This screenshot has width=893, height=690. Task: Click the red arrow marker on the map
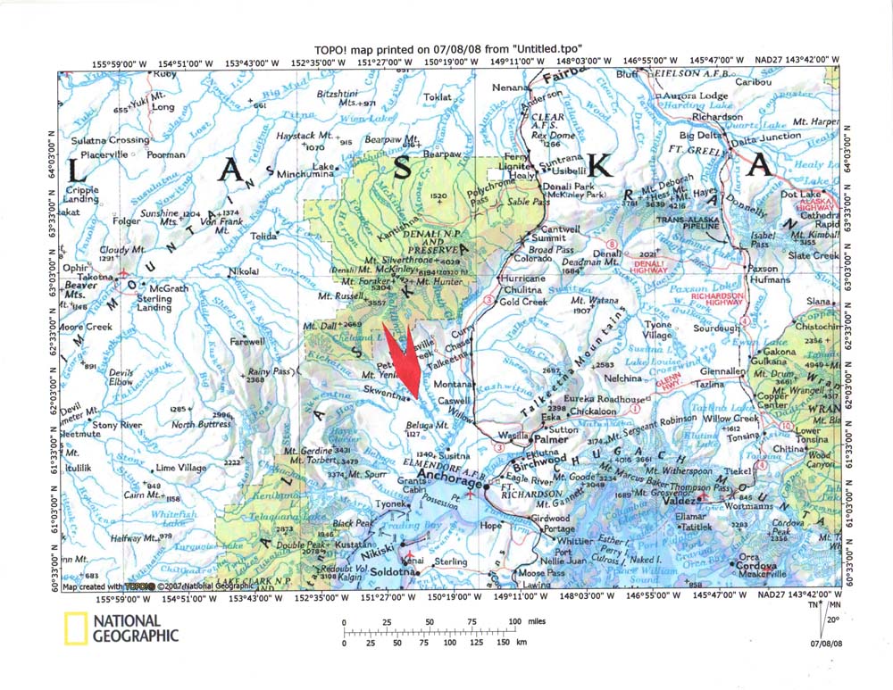404,361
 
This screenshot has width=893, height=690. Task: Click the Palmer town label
551,439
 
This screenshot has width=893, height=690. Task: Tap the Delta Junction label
766,137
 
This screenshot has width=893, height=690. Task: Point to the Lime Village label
180,468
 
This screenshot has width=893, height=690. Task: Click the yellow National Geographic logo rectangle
75,628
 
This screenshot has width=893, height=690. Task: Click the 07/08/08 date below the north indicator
827,641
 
